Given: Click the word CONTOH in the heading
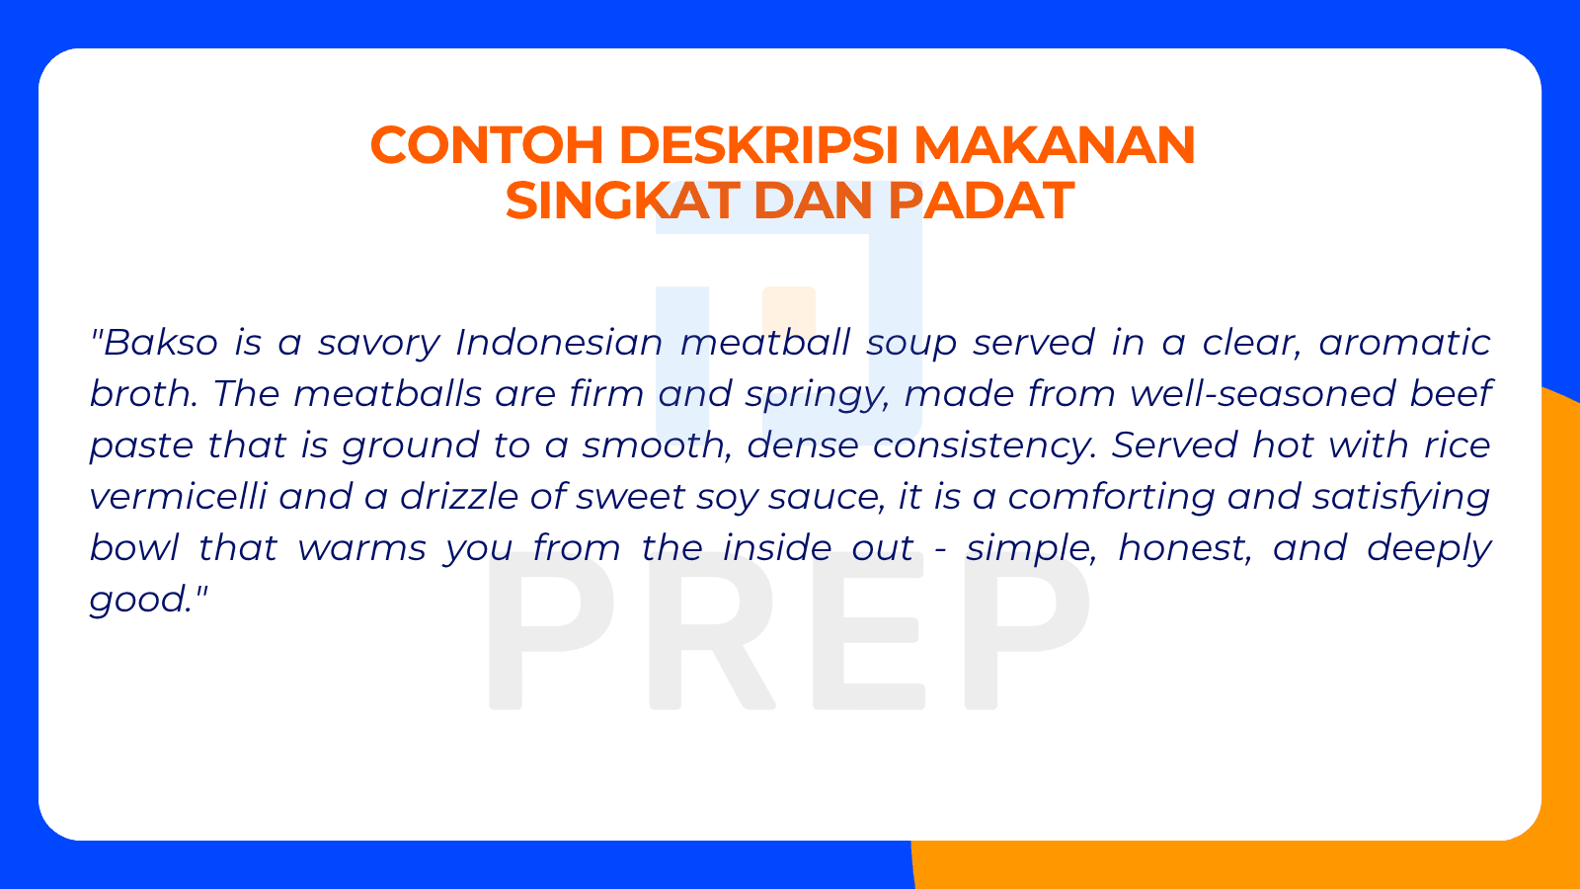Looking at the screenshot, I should click(x=486, y=145).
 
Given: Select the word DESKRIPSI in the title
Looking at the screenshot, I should click(x=758, y=145).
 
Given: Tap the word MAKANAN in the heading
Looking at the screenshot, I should click(x=1054, y=145).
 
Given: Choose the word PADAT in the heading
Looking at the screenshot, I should click(x=980, y=201).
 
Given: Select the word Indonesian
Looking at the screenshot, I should click(x=559, y=343).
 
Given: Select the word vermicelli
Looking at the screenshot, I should click(x=178, y=497).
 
